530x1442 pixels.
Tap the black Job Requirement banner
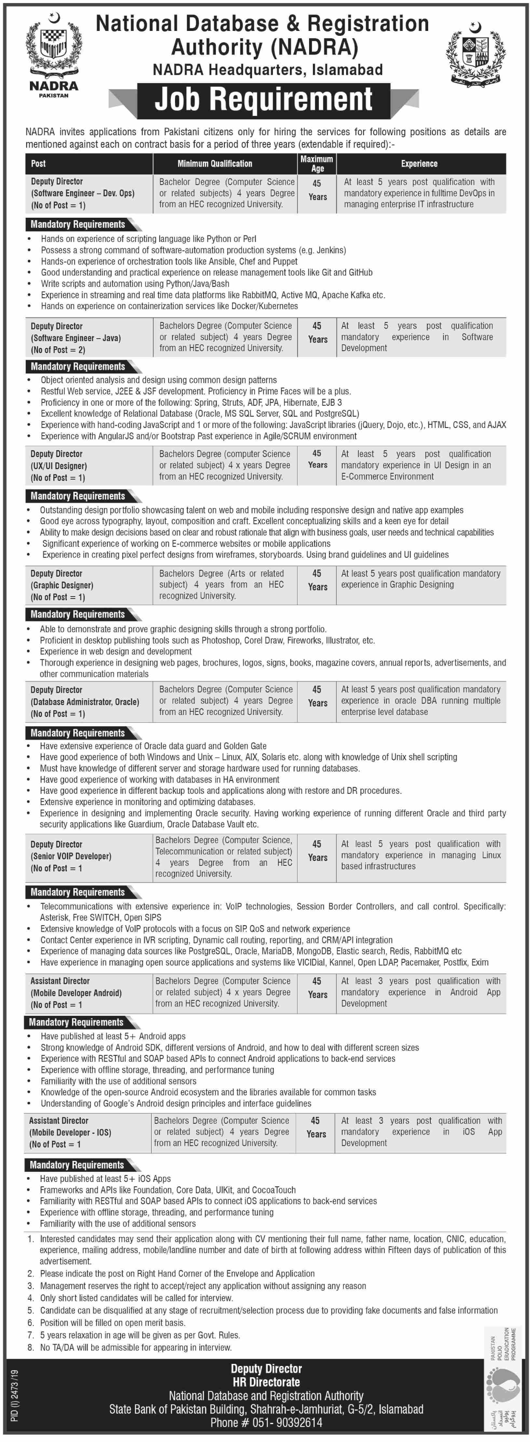click(263, 100)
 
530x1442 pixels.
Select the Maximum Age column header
click(317, 163)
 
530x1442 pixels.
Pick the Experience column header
click(419, 163)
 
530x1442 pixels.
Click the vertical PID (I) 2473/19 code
click(15, 1395)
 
